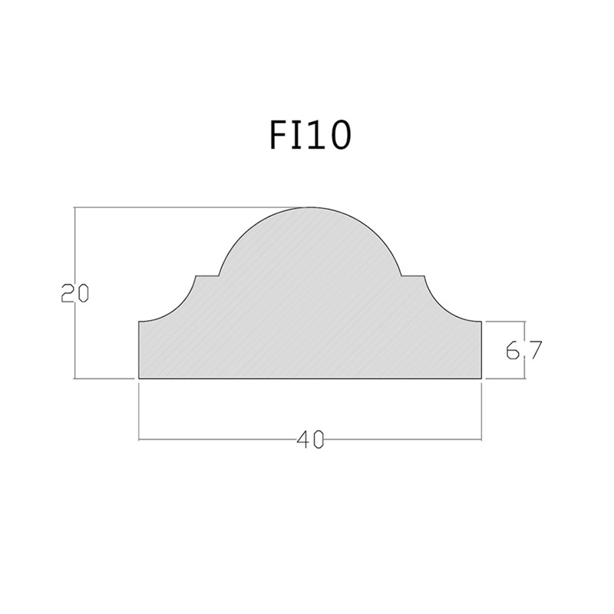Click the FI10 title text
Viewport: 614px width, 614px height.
309,135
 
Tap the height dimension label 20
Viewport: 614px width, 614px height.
74,293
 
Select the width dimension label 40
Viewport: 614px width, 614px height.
311,440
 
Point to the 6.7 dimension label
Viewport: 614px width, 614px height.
524,350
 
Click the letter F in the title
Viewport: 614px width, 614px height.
278,136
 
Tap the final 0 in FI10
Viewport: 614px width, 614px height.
337,136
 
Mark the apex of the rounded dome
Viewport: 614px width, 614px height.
310,207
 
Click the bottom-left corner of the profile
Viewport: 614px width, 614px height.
139,378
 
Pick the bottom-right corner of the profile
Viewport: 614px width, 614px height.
481,378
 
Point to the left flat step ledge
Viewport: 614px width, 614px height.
207,276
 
